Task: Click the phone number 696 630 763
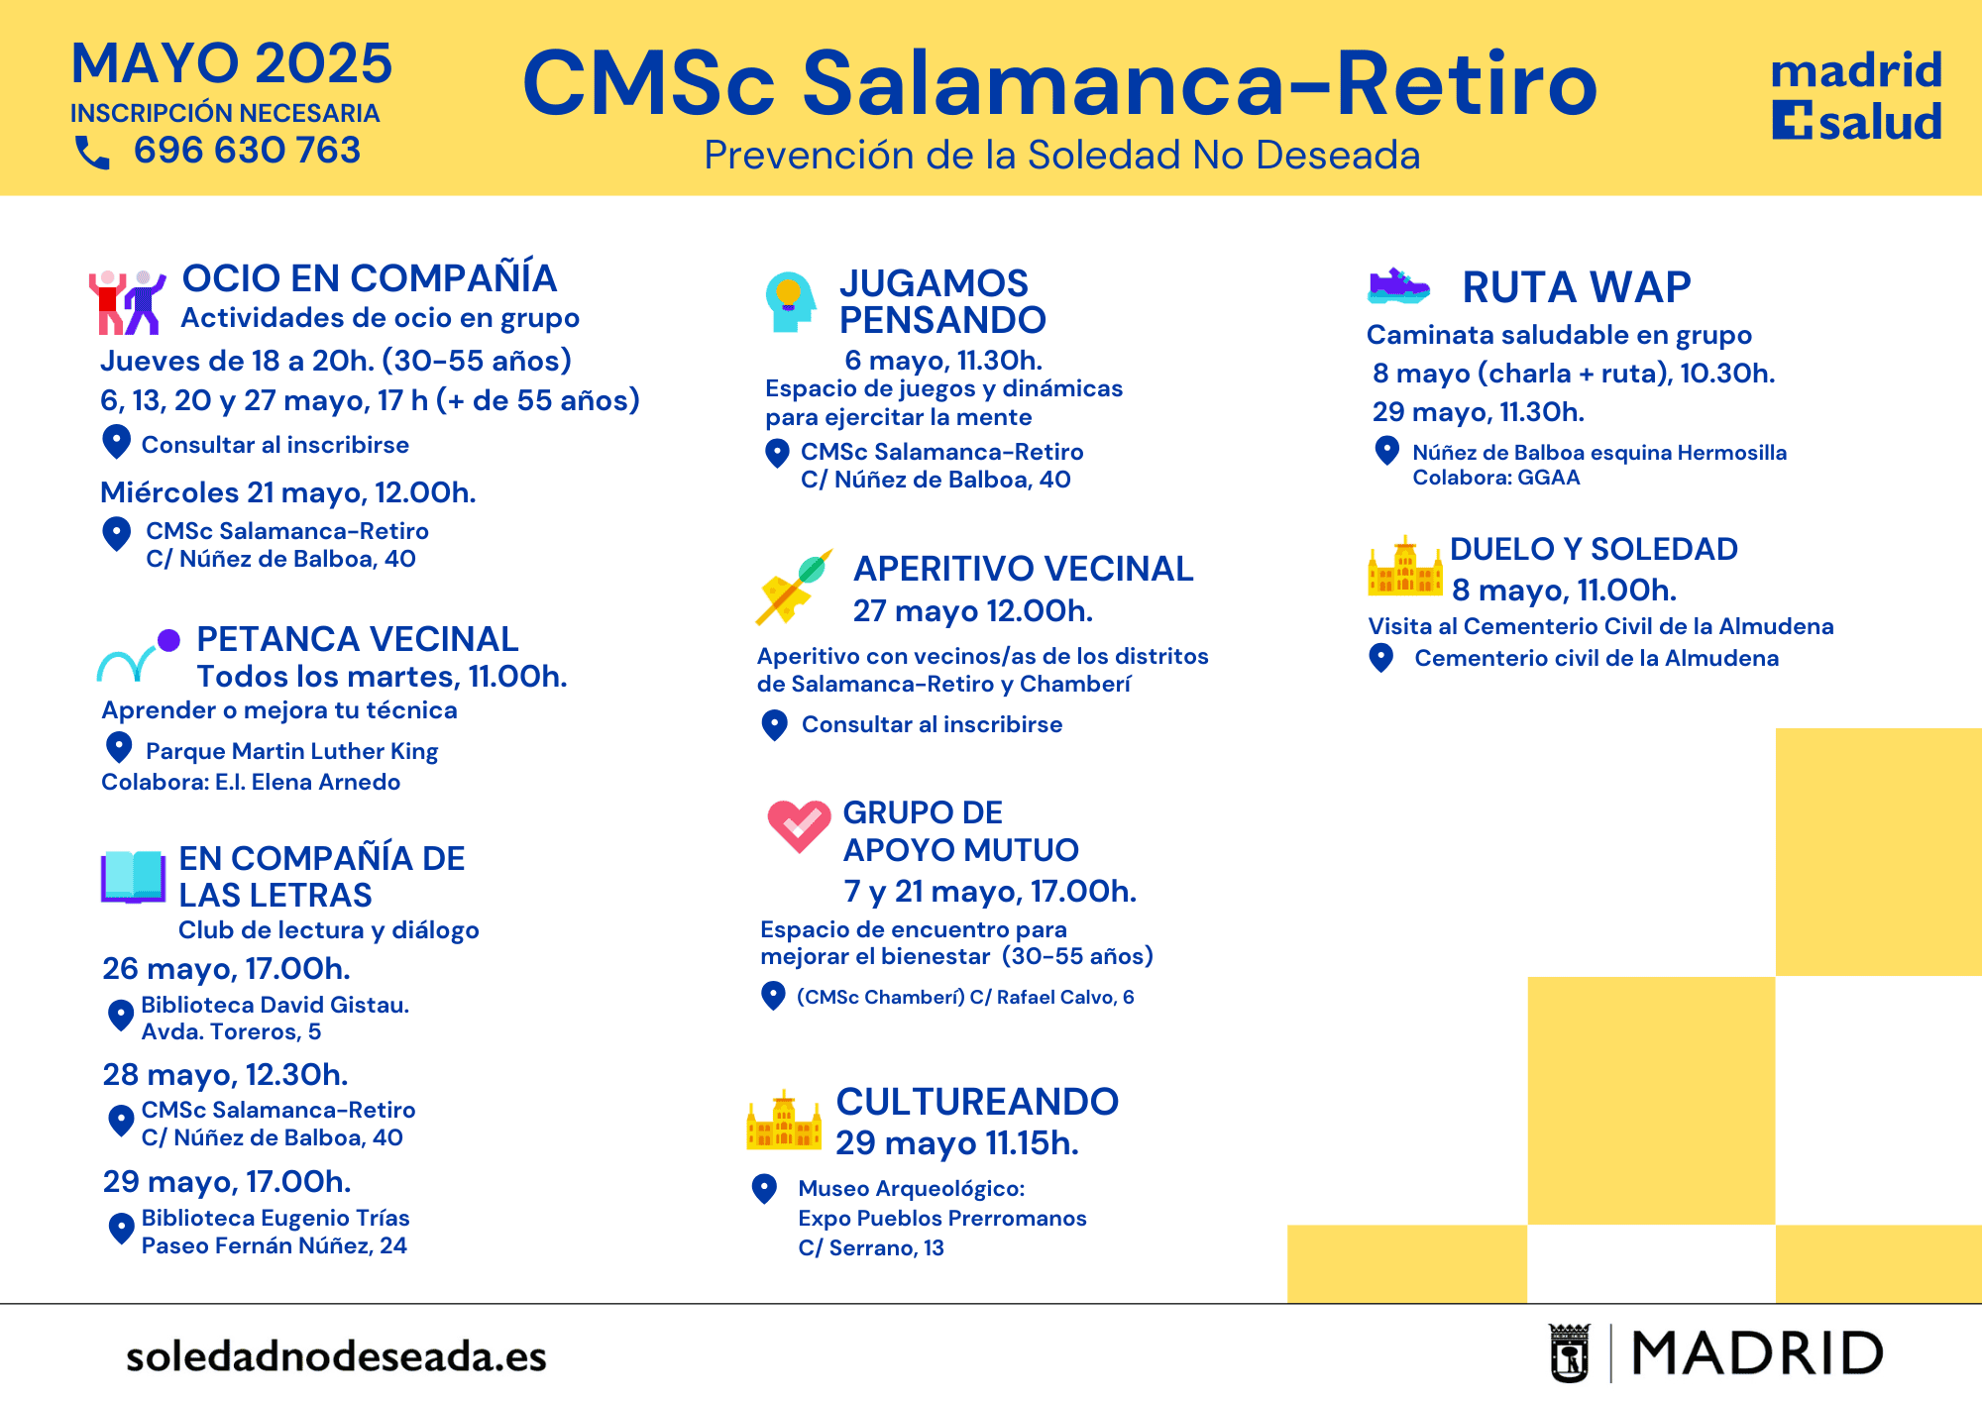[247, 150]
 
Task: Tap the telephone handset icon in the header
[92, 152]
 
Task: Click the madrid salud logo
[1856, 96]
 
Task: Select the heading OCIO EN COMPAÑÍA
[369, 278]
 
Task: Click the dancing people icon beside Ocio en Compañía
[127, 301]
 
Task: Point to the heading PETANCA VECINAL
[357, 639]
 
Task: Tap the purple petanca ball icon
[168, 640]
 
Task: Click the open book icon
[133, 877]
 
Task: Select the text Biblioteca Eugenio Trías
[275, 1218]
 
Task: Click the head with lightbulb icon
[790, 301]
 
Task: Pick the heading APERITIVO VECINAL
[1024, 569]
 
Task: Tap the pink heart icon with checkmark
[799, 825]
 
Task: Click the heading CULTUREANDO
[977, 1102]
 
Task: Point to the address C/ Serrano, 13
[871, 1247]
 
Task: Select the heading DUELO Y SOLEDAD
[1594, 549]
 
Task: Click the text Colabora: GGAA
[1496, 478]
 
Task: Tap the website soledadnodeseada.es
[336, 1356]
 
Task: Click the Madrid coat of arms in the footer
[1570, 1352]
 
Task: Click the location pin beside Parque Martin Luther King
[119, 747]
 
